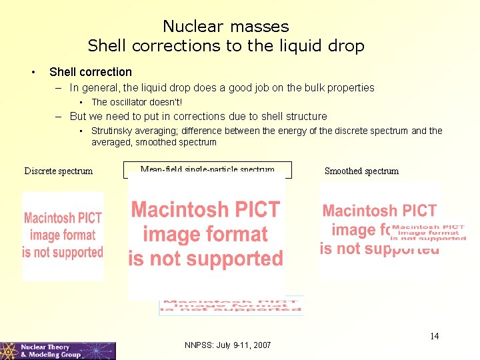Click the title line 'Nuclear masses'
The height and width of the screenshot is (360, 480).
226,27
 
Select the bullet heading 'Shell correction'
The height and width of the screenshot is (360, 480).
91,72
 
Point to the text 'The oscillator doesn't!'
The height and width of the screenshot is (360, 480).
137,103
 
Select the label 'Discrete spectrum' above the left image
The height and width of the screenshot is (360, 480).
59,171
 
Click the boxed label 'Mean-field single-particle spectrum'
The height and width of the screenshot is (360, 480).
207,170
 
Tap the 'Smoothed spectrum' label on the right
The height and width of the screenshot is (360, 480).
361,171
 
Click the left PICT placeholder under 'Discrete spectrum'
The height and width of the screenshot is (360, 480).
63,236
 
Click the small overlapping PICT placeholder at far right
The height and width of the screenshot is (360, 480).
428,232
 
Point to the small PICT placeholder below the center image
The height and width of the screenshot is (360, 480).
230,305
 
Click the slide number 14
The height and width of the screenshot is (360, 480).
434,336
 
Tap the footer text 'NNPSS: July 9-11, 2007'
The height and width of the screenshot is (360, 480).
227,345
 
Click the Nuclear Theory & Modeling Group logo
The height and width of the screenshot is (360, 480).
58,351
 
